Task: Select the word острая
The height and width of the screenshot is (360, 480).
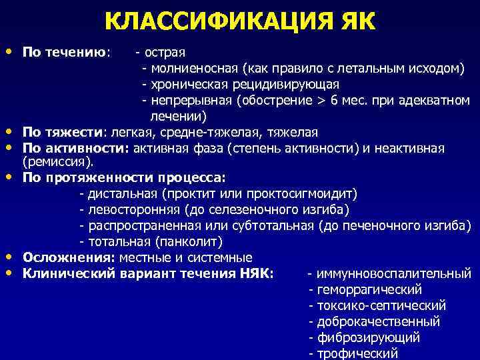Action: pos(164,51)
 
